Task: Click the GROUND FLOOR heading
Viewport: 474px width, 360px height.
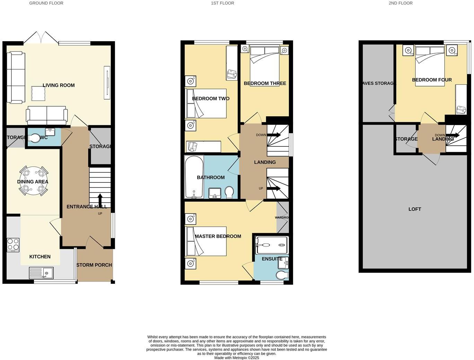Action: (46, 3)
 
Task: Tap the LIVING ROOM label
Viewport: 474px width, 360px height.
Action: (59, 85)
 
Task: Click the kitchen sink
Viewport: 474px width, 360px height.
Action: (41, 273)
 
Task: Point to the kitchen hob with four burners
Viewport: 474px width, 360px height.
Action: (13, 245)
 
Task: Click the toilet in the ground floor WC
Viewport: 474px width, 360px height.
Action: (34, 138)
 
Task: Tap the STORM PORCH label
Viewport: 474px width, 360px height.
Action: (94, 265)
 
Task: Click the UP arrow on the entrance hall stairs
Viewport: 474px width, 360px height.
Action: (100, 200)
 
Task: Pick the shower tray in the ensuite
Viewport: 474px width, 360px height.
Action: (272, 245)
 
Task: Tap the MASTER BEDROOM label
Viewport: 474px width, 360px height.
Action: (218, 236)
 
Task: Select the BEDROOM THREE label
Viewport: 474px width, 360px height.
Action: (265, 83)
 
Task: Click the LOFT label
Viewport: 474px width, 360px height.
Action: (414, 209)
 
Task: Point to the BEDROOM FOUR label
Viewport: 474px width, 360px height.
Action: (432, 80)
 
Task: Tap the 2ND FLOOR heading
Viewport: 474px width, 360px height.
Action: (401, 3)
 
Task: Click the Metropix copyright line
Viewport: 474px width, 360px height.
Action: (237, 358)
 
